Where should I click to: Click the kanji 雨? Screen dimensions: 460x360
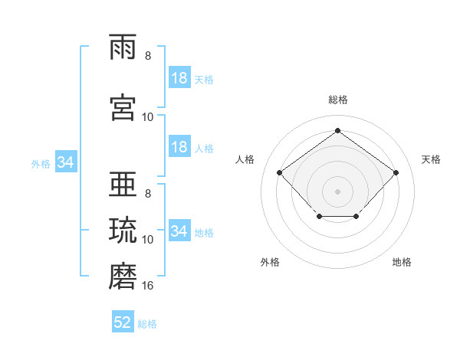tap(123, 47)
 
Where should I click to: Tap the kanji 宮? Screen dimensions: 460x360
tap(123, 107)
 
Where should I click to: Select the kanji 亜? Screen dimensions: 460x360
tap(123, 184)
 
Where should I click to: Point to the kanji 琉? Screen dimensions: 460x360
tap(123, 230)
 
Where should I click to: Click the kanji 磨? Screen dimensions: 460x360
tap(123, 276)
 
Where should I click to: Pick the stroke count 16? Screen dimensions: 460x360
tap(147, 286)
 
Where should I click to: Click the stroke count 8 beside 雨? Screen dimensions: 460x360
tap(148, 56)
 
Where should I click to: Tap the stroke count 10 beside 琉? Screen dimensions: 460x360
tap(147, 240)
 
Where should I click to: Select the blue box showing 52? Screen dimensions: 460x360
tap(123, 321)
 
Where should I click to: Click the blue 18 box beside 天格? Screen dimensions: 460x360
tap(179, 77)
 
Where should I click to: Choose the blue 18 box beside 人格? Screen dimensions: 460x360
tap(179, 146)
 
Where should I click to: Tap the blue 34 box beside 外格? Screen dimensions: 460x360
tap(66, 162)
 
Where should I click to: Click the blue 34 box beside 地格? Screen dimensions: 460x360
tap(179, 230)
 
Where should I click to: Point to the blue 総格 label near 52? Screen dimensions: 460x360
tap(147, 324)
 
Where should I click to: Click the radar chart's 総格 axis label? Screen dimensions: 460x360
tap(338, 100)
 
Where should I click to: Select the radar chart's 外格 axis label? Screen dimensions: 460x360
tap(270, 262)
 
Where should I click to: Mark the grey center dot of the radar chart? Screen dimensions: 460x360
tap(337, 191)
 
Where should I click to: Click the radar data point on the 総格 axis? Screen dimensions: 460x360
tap(337, 130)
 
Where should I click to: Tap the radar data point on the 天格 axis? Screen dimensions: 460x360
tap(396, 172)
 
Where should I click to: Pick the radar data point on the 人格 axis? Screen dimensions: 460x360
tap(280, 172)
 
